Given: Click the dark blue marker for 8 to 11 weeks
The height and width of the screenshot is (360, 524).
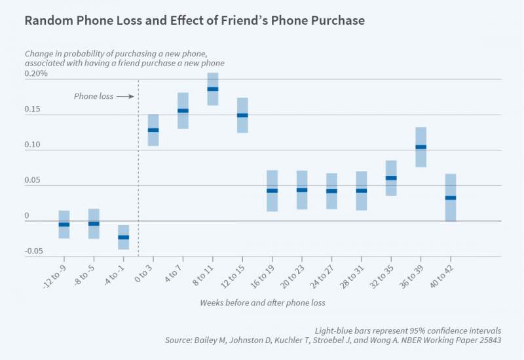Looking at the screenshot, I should pos(212,89).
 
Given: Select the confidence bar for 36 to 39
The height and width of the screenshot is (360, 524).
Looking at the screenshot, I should pos(421,147).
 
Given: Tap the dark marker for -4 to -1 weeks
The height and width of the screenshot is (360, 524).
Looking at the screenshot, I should pos(123,237).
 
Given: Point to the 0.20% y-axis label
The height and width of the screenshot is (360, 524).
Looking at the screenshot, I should pos(36,74).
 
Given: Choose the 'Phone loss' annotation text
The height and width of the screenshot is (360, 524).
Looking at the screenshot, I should pos(93,96).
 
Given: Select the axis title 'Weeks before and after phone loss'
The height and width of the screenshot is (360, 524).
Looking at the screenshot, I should pos(262,303).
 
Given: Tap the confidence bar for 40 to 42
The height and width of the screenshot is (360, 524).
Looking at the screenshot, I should pos(450,197).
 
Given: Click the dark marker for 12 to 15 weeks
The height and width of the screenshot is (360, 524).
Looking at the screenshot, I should pos(242,115).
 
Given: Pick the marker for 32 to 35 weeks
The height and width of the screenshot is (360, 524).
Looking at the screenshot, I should pos(390,178).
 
